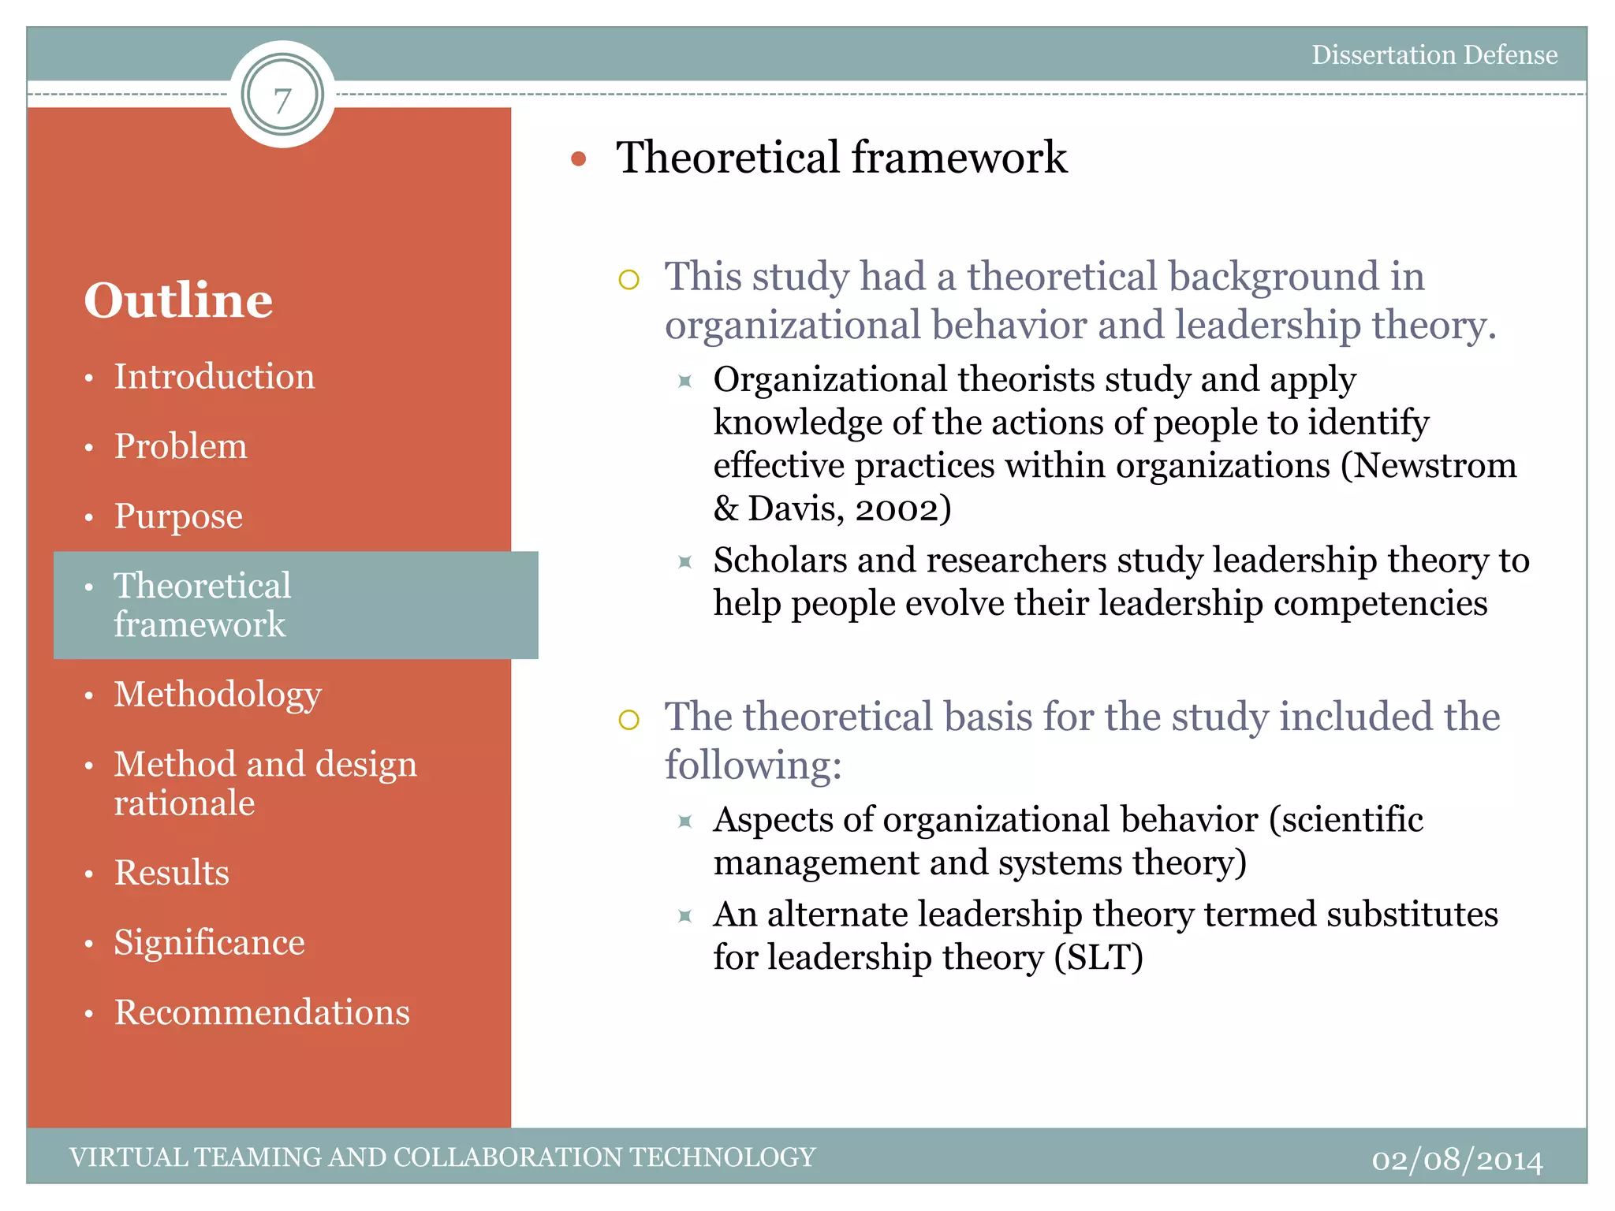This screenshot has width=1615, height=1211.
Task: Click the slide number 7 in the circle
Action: (282, 99)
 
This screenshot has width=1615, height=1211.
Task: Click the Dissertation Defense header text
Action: (1434, 54)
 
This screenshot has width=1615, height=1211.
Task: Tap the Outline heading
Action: (178, 300)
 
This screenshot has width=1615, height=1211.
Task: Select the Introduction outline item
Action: (214, 376)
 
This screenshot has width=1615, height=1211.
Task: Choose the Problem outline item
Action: (181, 446)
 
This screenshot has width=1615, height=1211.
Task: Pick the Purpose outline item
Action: (178, 516)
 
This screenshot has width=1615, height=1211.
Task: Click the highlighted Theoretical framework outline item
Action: (203, 604)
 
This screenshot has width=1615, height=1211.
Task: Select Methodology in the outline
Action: (218, 695)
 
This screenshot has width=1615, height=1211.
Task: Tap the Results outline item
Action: (172, 873)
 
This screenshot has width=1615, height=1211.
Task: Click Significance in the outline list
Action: (209, 942)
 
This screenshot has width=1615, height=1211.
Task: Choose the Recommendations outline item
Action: (262, 1012)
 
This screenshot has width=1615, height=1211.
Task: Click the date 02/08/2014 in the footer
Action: (1456, 1160)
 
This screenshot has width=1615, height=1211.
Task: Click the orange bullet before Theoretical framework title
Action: (579, 159)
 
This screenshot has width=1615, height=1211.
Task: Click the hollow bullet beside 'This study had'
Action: (628, 279)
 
